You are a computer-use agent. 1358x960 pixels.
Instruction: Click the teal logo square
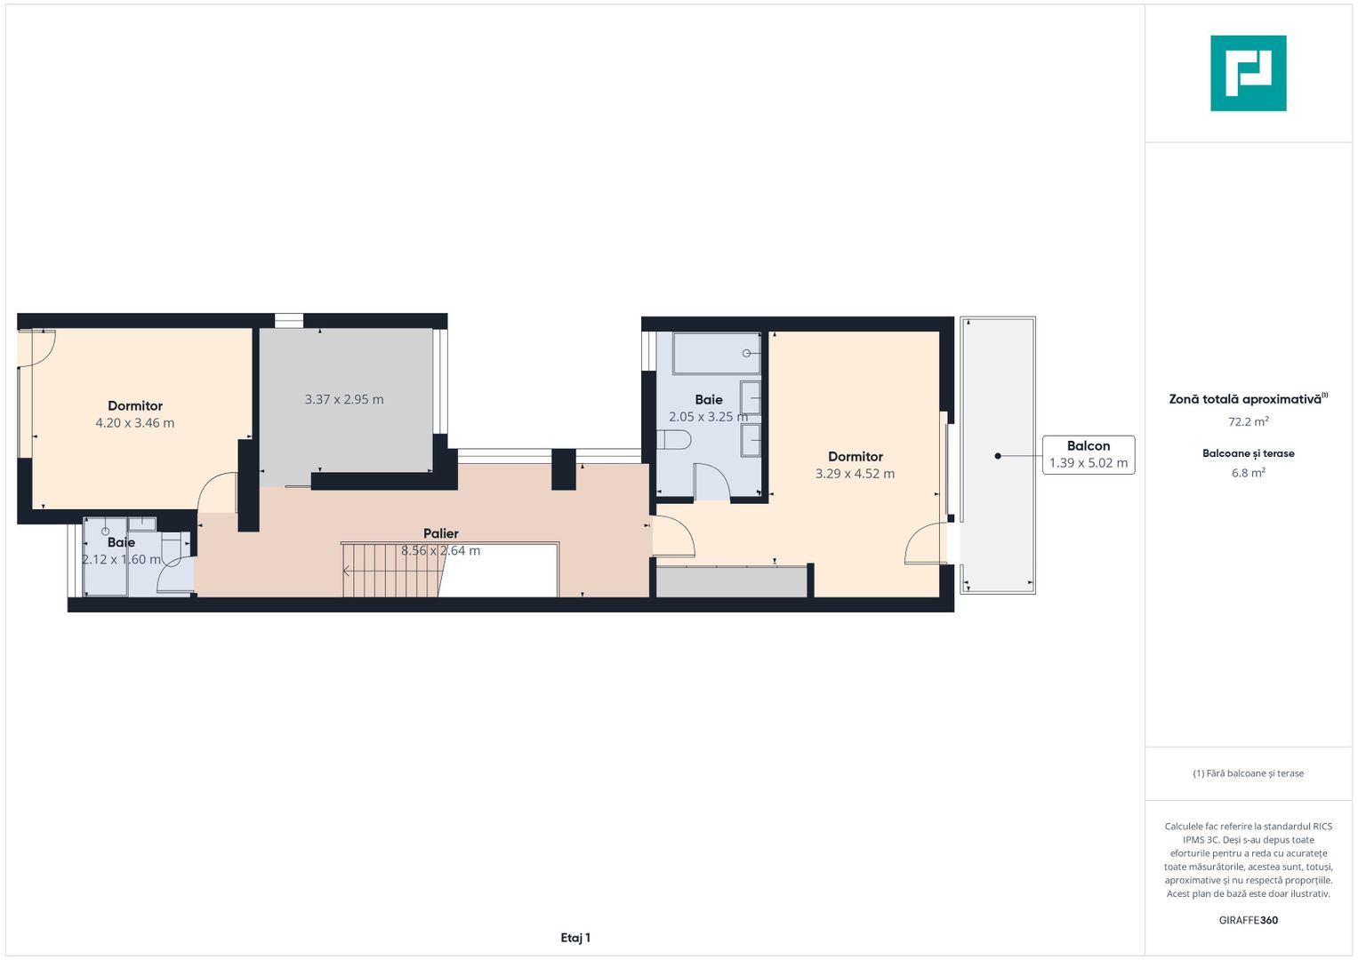click(x=1249, y=73)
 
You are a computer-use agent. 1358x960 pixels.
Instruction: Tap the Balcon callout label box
click(x=1089, y=454)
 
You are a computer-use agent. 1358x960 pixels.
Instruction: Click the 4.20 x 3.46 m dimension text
click(x=134, y=423)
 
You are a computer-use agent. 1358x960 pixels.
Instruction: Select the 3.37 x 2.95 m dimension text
click(x=344, y=399)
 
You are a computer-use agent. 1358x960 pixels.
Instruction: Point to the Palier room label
click(x=441, y=533)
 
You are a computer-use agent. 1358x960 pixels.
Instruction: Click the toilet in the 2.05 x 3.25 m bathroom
click(x=674, y=439)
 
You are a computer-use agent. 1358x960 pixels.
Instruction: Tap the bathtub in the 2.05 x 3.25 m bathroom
click(x=716, y=354)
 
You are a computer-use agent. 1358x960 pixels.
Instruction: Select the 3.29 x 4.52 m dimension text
click(x=855, y=473)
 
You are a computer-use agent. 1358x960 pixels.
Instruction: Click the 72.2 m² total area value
click(x=1249, y=421)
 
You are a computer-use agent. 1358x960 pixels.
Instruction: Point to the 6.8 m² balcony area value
click(x=1249, y=473)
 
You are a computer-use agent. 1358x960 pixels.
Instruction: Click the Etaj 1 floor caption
click(x=575, y=938)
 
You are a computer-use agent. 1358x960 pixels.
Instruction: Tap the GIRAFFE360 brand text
click(x=1249, y=920)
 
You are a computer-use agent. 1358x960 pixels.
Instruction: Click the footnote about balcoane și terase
click(x=1249, y=773)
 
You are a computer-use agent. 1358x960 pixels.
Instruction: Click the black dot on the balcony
click(x=998, y=456)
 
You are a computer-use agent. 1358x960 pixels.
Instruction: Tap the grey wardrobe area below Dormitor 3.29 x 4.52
click(x=732, y=582)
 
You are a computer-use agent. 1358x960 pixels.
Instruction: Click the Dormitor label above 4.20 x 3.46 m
click(x=135, y=405)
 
